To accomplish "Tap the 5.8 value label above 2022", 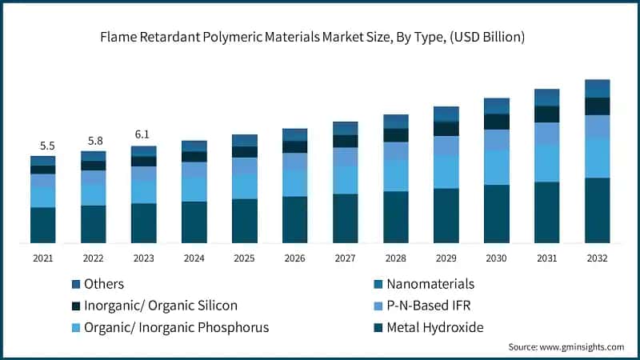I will (x=94, y=141).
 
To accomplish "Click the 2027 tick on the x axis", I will (x=345, y=258).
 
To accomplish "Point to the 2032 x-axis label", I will (x=597, y=258).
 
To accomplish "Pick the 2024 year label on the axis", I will (x=194, y=258).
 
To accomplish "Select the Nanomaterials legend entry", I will (x=430, y=284).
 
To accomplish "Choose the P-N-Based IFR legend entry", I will (x=432, y=306).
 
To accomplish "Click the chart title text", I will (x=320, y=35).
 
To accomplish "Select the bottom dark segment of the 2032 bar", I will (x=597, y=210).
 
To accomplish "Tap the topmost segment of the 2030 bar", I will (x=496, y=106).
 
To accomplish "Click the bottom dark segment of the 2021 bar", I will (x=43, y=225).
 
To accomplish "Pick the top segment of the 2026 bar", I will (x=294, y=134).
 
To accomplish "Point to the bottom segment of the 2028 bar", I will (x=395, y=217).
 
